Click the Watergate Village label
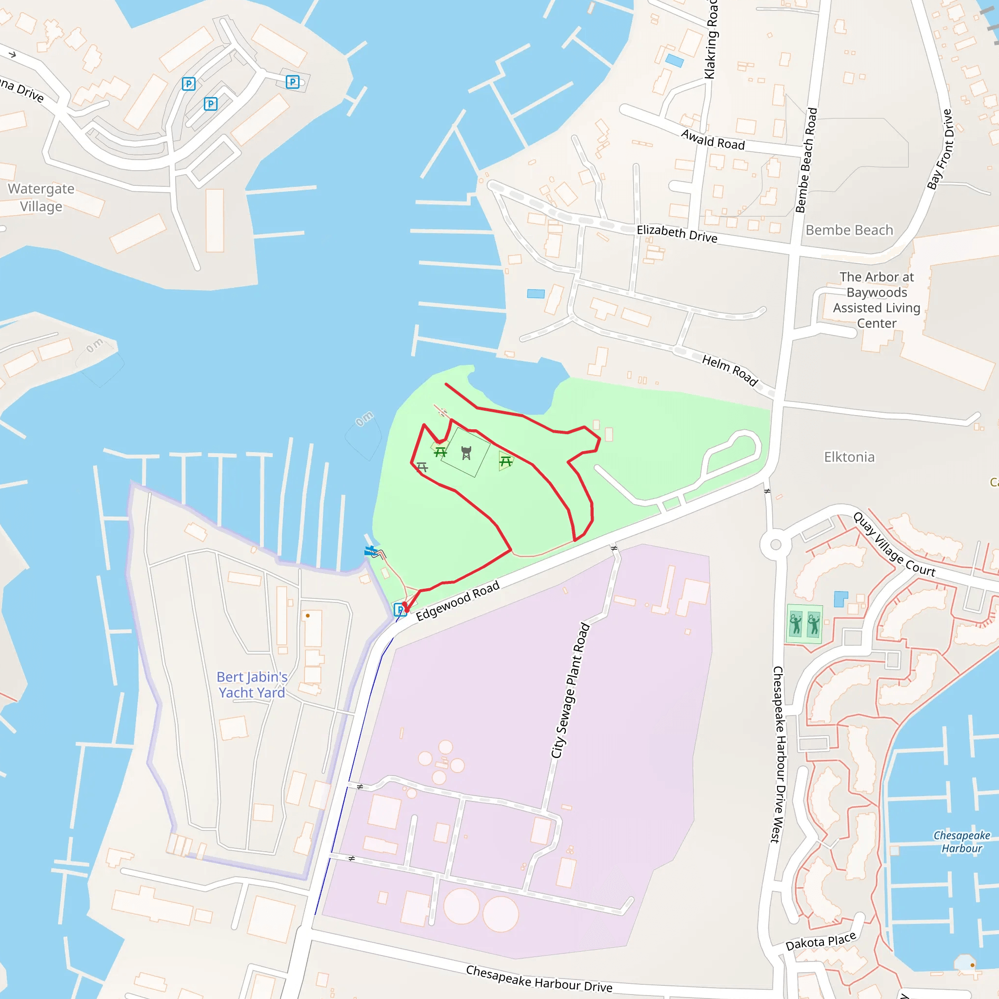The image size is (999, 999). (x=41, y=198)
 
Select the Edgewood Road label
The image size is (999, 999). (x=458, y=600)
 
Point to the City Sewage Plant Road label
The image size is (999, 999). (x=570, y=691)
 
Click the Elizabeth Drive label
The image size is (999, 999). (x=677, y=233)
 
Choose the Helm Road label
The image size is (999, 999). (x=730, y=370)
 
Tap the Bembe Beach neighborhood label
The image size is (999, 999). (x=849, y=230)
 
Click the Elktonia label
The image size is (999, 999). (x=849, y=457)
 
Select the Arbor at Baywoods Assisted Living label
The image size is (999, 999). (x=877, y=300)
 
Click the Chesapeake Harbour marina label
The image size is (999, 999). (x=961, y=842)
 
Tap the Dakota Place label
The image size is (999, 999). (x=820, y=941)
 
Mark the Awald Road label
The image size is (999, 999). (x=713, y=140)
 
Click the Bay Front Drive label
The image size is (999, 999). (x=939, y=149)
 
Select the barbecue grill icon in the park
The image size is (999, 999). (x=466, y=453)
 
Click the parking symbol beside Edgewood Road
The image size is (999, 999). (x=400, y=610)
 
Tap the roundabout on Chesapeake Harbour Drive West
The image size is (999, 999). (x=775, y=544)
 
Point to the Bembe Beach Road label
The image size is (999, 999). (x=806, y=160)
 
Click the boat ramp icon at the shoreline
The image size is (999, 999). (x=370, y=551)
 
